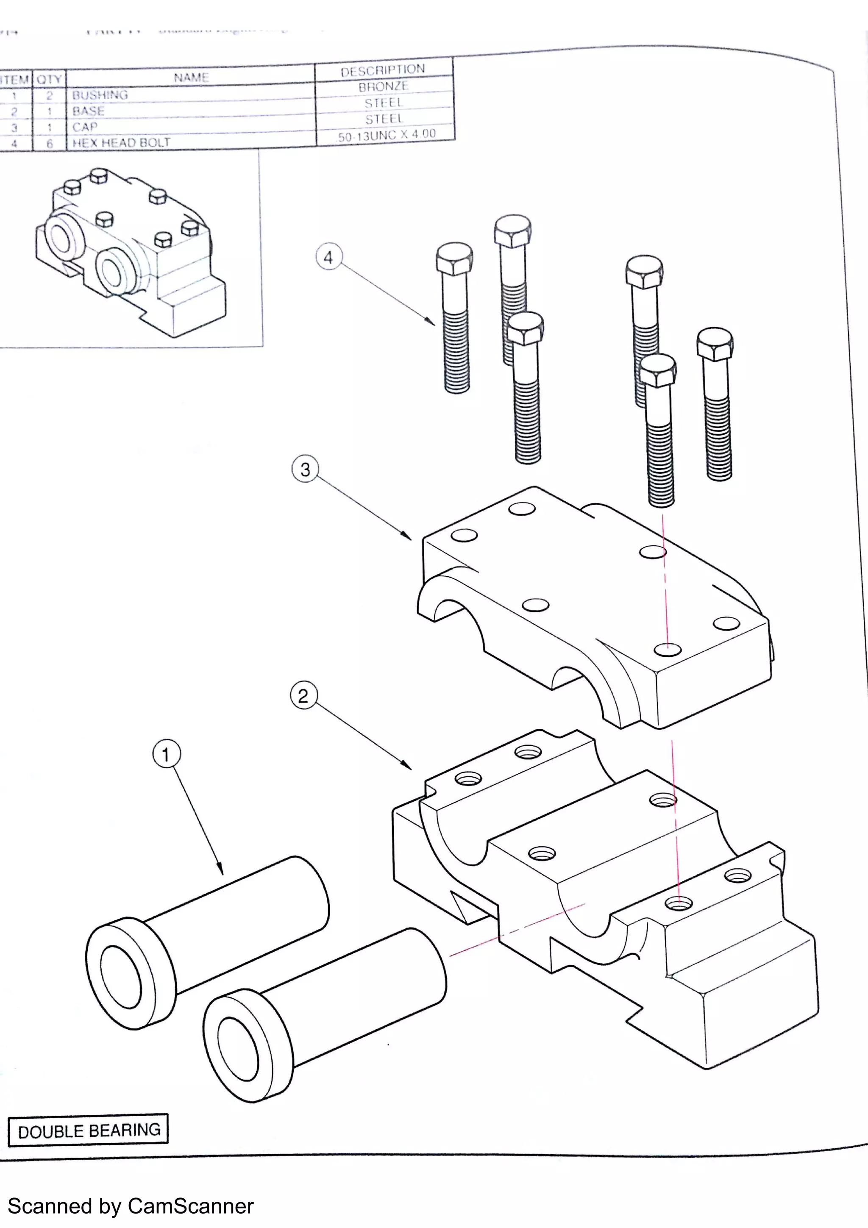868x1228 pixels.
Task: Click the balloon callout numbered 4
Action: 328,257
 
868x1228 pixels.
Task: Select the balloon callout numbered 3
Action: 305,469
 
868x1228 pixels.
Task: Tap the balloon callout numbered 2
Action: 303,696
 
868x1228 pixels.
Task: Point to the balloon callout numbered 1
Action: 166,755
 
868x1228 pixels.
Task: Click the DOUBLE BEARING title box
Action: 88,1130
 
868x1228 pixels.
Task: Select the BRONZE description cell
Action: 383,86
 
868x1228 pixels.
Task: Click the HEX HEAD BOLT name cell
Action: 121,143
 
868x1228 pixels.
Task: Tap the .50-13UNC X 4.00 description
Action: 386,135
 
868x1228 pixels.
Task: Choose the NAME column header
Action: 191,78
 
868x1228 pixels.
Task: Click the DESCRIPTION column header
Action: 383,70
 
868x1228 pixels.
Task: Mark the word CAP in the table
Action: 84,127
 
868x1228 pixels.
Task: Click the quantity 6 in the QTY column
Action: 49,143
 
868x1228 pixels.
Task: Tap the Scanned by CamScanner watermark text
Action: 131,1206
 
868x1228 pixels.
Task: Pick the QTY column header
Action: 49,80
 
